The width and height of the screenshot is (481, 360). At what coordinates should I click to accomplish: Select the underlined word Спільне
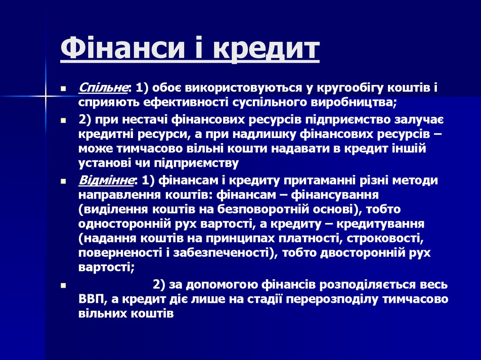click(x=103, y=88)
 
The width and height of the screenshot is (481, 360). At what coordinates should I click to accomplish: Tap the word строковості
click(x=386, y=238)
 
